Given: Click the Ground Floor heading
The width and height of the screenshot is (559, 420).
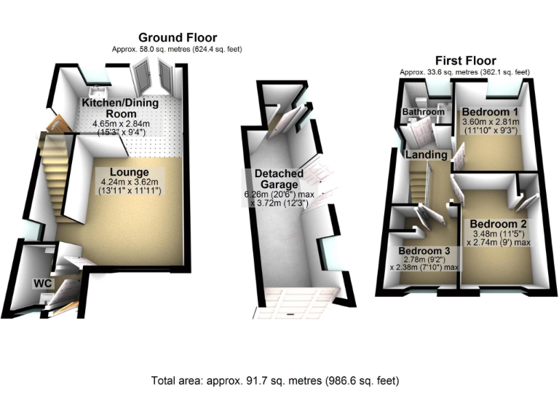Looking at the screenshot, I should [177, 37].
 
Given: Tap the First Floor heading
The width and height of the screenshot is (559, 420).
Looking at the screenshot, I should [465, 61].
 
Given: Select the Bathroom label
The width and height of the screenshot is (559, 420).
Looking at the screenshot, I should [424, 112].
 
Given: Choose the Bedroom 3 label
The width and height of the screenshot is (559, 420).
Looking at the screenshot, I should [425, 250].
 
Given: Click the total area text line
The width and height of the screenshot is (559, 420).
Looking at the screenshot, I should [275, 381].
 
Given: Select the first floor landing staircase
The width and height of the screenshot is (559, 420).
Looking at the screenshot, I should [421, 186].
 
